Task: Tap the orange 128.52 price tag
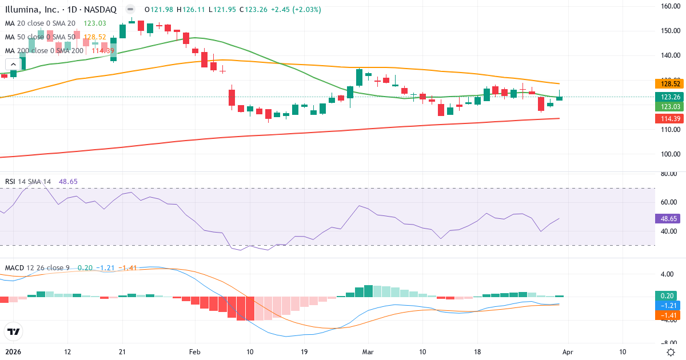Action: coord(667,83)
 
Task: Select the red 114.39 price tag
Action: coord(667,118)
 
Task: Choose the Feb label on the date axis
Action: coord(196,352)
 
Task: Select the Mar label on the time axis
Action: coord(368,352)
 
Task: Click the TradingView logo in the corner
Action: coord(14,331)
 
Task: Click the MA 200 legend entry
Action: coord(44,50)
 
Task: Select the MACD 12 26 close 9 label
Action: coord(38,268)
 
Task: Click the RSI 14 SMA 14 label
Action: coord(28,182)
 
